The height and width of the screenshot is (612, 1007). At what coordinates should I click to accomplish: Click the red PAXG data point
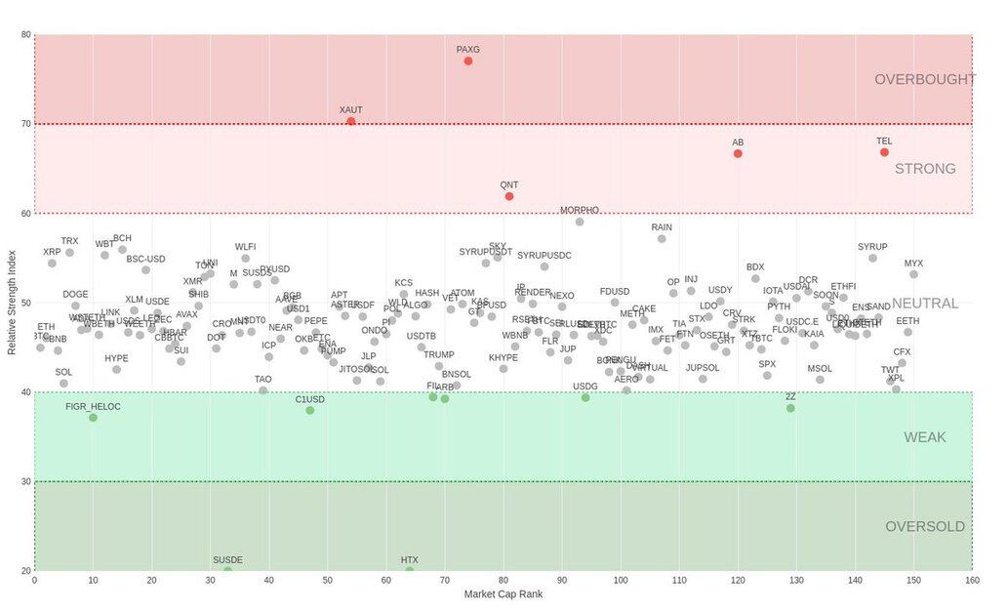pos(468,61)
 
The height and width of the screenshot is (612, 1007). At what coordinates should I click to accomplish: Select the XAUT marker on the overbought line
pos(351,121)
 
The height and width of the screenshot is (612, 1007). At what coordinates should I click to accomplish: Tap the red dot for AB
pos(738,153)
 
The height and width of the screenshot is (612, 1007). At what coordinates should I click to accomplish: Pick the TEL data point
pos(884,152)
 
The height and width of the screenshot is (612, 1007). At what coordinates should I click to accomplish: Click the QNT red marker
pos(509,196)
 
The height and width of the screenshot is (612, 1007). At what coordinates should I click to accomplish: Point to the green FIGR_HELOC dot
pos(93,418)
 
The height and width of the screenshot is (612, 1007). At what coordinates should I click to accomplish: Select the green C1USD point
pos(310,411)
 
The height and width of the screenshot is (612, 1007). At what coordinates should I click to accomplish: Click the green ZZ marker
pos(790,408)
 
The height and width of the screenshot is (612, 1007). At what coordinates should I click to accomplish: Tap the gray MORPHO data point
pos(580,222)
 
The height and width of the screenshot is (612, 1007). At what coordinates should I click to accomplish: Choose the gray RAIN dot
pos(662,239)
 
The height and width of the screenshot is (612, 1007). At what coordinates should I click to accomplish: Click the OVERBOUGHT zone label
pos(924,80)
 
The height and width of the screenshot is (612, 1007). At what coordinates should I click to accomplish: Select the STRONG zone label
pos(925,169)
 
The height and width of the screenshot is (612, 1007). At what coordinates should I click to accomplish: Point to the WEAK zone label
pos(925,437)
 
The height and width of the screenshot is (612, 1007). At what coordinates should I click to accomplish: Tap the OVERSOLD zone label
pos(925,527)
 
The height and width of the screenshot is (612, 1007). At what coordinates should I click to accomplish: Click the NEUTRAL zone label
pos(925,304)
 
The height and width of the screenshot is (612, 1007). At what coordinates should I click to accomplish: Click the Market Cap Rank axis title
pos(503,594)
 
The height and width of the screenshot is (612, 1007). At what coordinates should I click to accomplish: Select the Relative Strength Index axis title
pos(12,303)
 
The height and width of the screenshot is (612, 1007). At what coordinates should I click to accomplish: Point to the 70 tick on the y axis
pos(25,124)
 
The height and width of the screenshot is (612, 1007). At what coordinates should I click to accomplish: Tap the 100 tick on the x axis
pos(621,581)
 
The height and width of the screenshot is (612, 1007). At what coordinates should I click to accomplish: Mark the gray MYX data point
pos(913,274)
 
